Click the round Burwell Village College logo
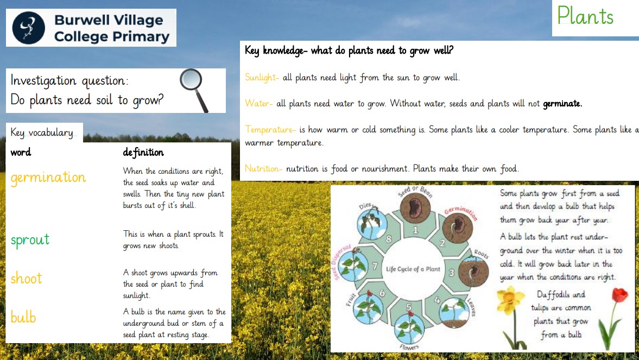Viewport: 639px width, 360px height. point(29,28)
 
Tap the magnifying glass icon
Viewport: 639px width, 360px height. point(194,90)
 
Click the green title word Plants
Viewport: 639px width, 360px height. point(585,16)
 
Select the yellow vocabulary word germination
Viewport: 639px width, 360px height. point(48,178)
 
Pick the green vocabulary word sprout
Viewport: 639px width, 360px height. point(30,239)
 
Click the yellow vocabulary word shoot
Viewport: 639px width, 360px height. point(27,279)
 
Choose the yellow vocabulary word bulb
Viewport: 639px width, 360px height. point(23,317)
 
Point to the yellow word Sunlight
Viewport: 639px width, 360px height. point(262,78)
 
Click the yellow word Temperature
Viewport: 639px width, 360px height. point(270,130)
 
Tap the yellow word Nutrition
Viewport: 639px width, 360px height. point(263,168)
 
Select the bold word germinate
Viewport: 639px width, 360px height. point(562,104)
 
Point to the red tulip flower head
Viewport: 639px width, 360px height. point(619,294)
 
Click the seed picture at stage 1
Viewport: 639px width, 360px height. point(415,209)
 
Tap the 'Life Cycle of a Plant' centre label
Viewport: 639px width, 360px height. point(413,269)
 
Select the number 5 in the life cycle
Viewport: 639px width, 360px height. point(409,307)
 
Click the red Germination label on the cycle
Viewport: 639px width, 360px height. point(461,212)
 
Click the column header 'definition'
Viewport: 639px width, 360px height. point(143,153)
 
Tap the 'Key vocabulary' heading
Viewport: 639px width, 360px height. point(42,133)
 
